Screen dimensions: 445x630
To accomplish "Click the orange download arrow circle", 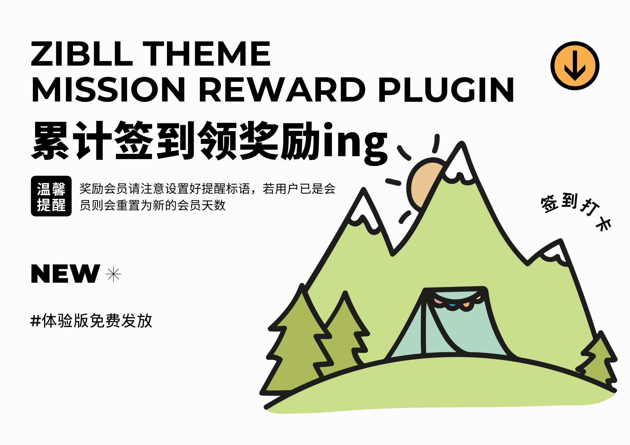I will (575, 66).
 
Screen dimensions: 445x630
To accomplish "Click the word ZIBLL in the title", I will (81, 54).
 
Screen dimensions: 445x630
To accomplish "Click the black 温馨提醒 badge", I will (51, 196).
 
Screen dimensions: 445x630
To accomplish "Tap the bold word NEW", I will (65, 274).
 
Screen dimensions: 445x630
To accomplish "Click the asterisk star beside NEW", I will (113, 274).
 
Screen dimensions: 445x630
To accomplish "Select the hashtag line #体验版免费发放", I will (91, 321).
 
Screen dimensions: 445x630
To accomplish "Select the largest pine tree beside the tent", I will (297, 345).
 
